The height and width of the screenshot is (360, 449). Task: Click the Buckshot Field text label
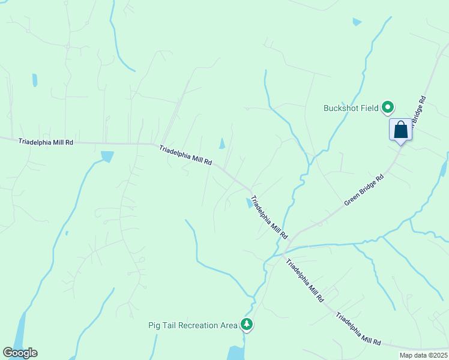[x=351, y=109]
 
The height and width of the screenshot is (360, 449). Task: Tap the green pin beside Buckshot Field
[x=388, y=108]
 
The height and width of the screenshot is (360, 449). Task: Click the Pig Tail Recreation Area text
[x=193, y=325]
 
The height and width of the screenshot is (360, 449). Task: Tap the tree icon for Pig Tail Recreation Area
[x=246, y=325]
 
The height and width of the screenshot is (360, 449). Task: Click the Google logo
[x=20, y=353]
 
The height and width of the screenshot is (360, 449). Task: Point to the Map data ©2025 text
[x=423, y=355]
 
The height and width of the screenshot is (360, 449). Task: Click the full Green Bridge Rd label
[x=364, y=191]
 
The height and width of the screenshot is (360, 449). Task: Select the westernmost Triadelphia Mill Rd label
[x=46, y=142]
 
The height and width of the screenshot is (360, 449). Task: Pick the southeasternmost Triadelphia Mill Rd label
[x=358, y=329]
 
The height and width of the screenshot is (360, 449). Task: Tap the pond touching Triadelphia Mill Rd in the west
[x=107, y=157]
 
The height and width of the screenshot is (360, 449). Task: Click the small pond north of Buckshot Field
[x=357, y=22]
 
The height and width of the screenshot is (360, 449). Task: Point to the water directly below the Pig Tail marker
[x=236, y=352]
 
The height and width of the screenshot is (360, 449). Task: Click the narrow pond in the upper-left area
[x=35, y=80]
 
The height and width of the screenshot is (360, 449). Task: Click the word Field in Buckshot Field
[x=369, y=109]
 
